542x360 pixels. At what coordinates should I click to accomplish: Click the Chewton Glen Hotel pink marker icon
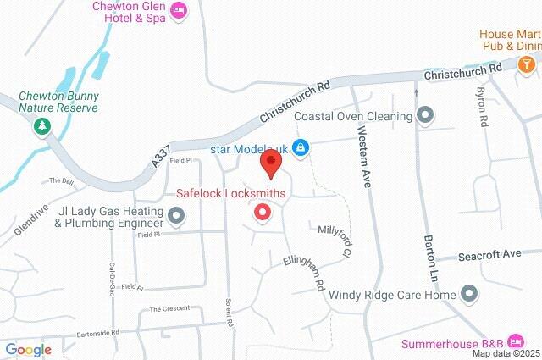180,9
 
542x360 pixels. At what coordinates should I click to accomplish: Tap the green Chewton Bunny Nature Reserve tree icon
40,126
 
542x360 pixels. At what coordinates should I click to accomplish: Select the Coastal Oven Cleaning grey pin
425,115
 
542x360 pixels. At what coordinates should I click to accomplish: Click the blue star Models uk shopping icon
299,147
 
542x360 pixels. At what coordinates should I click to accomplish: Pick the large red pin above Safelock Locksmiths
271,163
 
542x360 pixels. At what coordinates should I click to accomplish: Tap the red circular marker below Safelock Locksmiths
263,213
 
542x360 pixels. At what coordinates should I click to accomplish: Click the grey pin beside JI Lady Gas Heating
176,218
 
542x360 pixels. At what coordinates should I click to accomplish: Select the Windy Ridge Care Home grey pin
469,295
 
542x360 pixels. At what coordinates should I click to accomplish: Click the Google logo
28,349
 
